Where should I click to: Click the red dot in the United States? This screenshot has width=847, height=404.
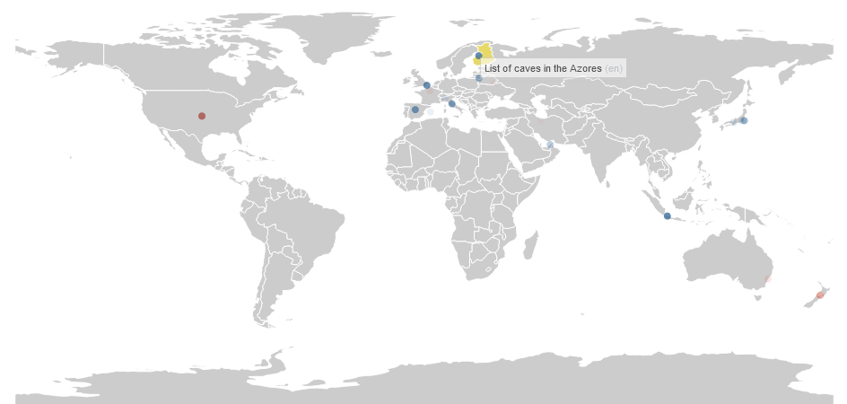pyautogui.click(x=202, y=116)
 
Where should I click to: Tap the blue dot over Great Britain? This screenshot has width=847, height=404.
pyautogui.click(x=427, y=85)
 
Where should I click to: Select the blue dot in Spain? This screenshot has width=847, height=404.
pyautogui.click(x=415, y=110)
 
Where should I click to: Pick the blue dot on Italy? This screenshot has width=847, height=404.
pyautogui.click(x=452, y=103)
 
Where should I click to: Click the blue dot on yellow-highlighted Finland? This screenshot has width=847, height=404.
pyautogui.click(x=479, y=56)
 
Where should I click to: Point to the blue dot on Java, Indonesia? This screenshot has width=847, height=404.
pyautogui.click(x=667, y=216)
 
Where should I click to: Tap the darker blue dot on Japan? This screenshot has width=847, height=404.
pyautogui.click(x=744, y=120)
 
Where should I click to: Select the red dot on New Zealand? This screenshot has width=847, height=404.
pyautogui.click(x=820, y=295)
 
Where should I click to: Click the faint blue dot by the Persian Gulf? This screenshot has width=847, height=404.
pyautogui.click(x=550, y=145)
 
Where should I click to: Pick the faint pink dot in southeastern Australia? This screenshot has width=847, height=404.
pyautogui.click(x=767, y=279)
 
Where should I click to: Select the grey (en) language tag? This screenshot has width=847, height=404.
pyautogui.click(x=614, y=69)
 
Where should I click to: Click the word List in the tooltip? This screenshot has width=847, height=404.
pyautogui.click(x=493, y=69)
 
